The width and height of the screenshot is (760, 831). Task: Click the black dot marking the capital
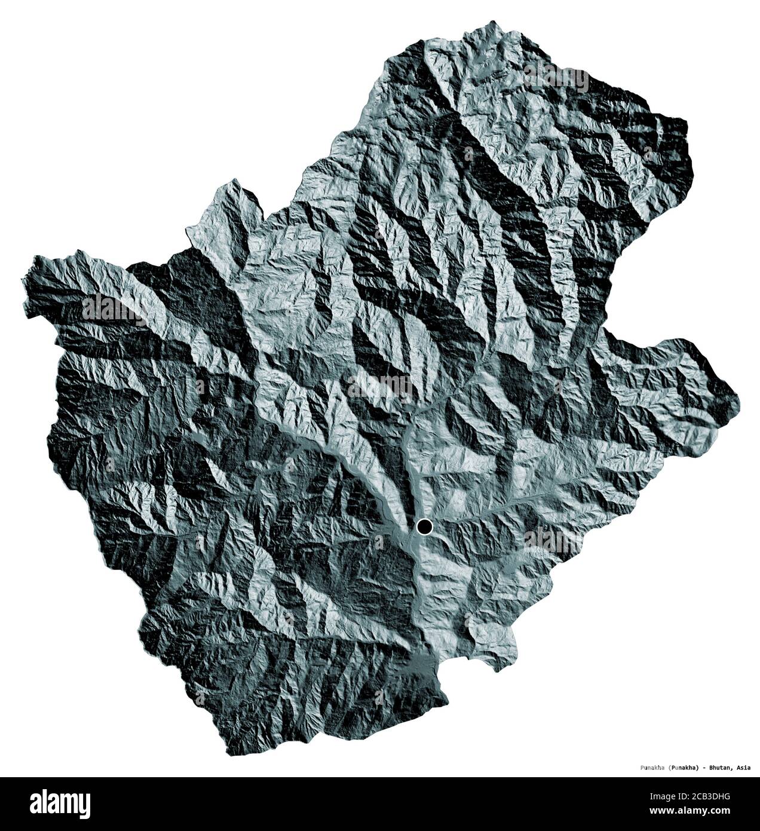(x=424, y=527)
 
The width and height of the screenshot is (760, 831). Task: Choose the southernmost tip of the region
(x=231, y=755)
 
